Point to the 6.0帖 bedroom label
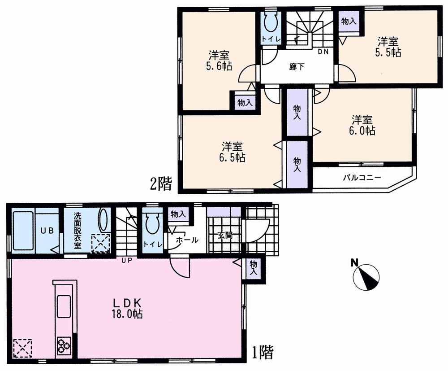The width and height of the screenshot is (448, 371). (362, 126)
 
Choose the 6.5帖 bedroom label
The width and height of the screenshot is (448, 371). (233, 152)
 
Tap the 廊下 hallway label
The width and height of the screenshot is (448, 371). (297, 67)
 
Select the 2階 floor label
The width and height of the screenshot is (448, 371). (161, 184)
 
